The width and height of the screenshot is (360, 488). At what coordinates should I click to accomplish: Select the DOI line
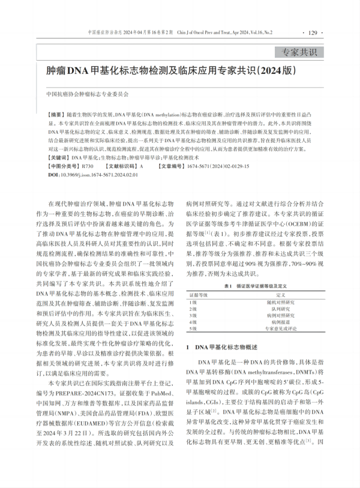(x=92, y=173)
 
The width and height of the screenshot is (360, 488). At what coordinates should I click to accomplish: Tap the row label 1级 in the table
(x=193, y=303)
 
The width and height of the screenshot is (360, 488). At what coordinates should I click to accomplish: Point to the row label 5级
(x=193, y=329)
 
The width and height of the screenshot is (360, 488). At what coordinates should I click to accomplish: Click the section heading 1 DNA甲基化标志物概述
(x=222, y=347)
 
